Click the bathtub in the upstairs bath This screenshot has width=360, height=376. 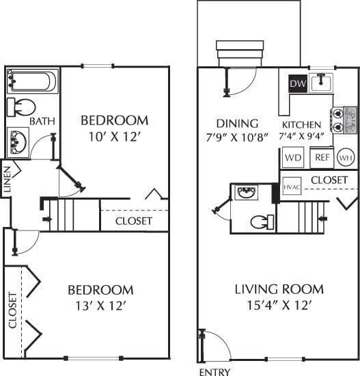(x=31, y=81)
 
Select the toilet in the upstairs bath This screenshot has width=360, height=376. (x=23, y=108)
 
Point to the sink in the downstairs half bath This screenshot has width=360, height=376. (x=245, y=193)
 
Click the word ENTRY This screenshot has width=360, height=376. (x=212, y=372)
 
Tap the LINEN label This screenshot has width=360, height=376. (x=6, y=180)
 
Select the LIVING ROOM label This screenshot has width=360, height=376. (x=279, y=289)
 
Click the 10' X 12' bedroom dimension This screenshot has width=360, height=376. (x=114, y=136)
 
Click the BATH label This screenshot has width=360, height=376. (x=42, y=122)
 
